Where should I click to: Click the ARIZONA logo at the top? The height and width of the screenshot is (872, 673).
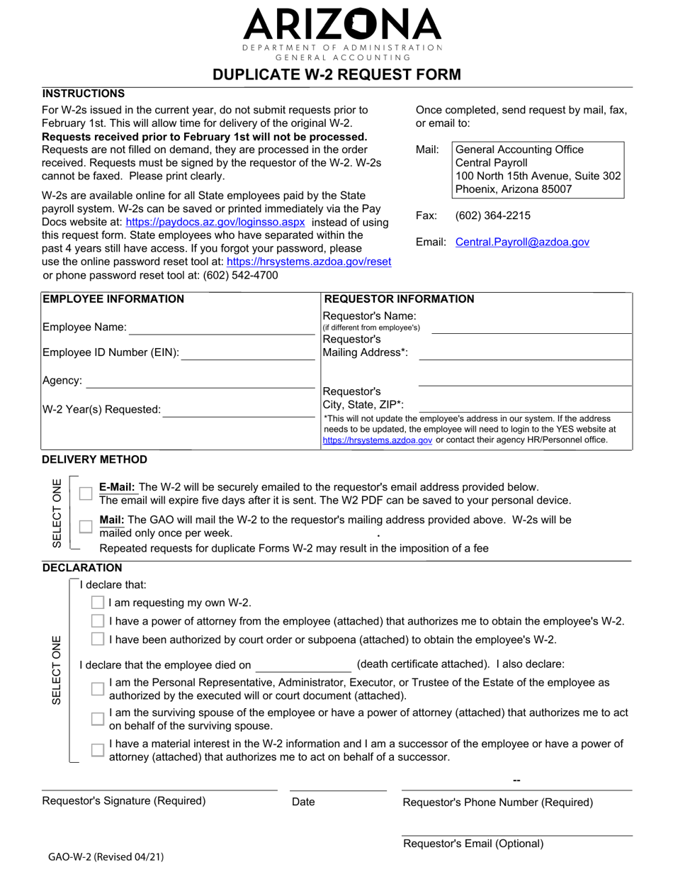[342, 26]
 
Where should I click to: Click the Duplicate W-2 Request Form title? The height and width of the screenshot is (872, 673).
[336, 74]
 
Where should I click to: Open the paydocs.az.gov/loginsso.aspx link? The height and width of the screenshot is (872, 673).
[215, 222]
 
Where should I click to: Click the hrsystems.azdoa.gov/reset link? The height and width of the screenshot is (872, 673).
[309, 262]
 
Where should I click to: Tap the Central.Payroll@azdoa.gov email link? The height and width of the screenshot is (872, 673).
[522, 242]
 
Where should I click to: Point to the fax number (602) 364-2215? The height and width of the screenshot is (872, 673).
[492, 216]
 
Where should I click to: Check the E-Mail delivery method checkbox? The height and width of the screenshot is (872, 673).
[86, 493]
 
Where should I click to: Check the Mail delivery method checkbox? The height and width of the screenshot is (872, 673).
[86, 526]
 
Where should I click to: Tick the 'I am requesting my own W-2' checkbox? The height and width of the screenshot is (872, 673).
[98, 603]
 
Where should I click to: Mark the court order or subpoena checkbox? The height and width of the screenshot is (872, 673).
[98, 639]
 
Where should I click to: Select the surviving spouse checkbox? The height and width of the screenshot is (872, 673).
[98, 719]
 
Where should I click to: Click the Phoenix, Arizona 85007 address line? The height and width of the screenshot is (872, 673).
[513, 189]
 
